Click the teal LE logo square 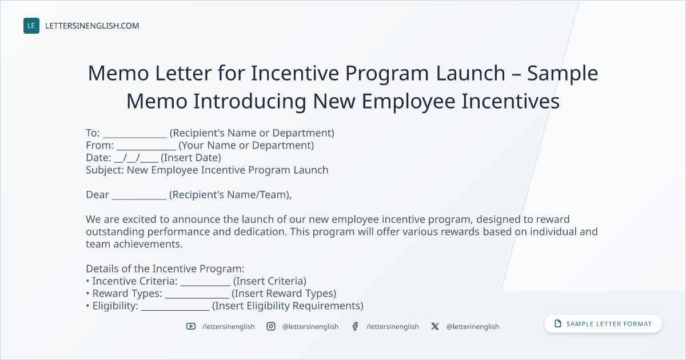coord(31,26)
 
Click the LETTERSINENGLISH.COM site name coord(92,26)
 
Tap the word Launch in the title coord(470,73)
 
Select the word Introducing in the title coord(250,101)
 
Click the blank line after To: coord(135,137)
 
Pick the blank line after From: coord(146,149)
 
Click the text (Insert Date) coord(191,158)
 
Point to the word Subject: coord(105,170)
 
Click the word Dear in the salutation coord(97,194)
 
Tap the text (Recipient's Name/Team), coord(230,195)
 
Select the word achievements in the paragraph coord(147,244)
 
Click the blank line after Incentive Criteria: coord(205,285)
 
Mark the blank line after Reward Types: coord(197,298)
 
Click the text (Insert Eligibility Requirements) coord(288,306)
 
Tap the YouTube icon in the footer coord(191,326)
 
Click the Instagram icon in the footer coord(271,326)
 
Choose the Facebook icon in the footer coord(355,326)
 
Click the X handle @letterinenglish coord(473,327)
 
